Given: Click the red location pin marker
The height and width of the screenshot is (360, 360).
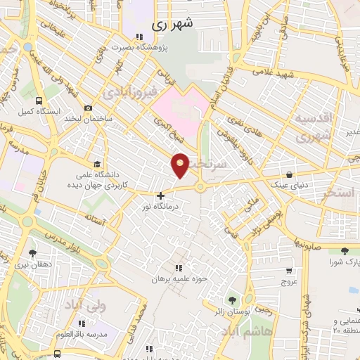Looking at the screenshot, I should [181, 165].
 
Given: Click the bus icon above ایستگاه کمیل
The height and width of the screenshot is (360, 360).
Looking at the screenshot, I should [39, 100].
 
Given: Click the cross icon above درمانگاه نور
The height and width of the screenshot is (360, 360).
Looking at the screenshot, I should [161, 195].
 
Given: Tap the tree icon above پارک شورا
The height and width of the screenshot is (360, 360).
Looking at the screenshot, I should [344, 251].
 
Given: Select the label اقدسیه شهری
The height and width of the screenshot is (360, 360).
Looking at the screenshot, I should [314, 126].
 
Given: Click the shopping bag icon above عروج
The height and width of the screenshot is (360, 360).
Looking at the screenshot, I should [289, 270].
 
